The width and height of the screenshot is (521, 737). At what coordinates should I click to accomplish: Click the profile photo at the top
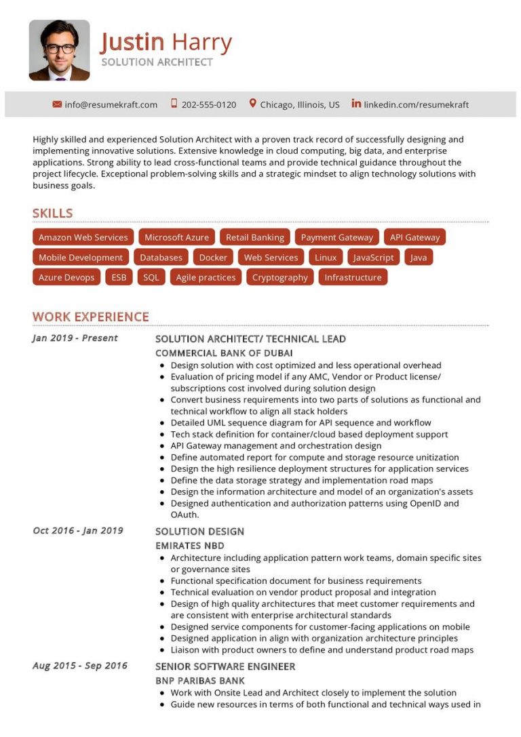tap(59, 50)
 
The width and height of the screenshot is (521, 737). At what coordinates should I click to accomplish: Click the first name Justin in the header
tap(132, 42)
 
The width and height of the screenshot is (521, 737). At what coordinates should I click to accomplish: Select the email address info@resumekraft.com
tap(111, 104)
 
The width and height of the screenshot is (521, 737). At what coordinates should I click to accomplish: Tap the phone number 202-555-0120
tap(209, 104)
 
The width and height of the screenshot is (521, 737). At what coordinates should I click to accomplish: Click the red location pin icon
tap(253, 104)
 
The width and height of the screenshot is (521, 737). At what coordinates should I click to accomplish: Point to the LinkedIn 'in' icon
tap(356, 104)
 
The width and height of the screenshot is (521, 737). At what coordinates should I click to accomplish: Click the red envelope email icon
tap(57, 104)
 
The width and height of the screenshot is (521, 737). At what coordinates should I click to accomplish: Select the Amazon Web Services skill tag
tap(83, 237)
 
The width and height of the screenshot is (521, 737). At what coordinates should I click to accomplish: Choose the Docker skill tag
tap(213, 258)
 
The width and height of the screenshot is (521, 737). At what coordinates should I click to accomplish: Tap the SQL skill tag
tap(151, 277)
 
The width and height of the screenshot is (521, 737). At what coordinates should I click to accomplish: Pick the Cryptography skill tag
tap(279, 277)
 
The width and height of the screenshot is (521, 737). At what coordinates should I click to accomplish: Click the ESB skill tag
tap(119, 277)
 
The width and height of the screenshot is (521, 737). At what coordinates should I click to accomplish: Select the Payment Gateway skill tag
tap(336, 237)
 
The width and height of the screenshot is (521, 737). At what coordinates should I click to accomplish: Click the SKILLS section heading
tap(52, 213)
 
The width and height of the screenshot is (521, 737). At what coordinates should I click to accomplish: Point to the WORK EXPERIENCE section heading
tap(90, 317)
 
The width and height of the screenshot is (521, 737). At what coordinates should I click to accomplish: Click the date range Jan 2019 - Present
tap(75, 338)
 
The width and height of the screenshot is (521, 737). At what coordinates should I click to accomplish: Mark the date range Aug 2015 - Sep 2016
tap(79, 665)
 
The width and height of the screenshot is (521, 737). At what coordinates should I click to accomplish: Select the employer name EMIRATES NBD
tap(189, 545)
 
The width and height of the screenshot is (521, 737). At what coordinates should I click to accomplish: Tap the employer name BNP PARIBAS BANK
tap(199, 680)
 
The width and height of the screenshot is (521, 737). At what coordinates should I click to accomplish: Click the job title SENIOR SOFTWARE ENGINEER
tap(225, 666)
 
